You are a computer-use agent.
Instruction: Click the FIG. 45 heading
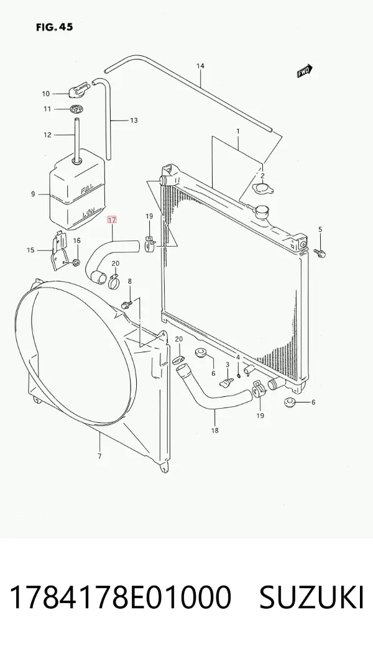[55, 27]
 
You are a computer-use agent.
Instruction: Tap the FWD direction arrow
[305, 71]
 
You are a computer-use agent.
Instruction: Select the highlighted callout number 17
[112, 220]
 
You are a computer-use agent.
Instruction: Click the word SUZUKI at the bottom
[311, 598]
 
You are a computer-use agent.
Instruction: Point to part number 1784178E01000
[120, 598]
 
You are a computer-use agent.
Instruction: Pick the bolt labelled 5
[320, 252]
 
